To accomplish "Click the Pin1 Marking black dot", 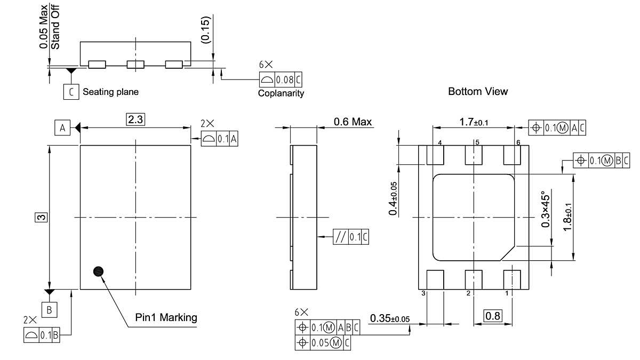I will click(98, 271).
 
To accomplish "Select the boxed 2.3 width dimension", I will click(135, 119).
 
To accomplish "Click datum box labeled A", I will click(62, 128).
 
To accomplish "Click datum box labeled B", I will click(49, 309).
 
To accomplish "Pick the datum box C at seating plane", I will click(70, 92).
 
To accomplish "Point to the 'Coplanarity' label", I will click(281, 93).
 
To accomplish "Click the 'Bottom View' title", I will click(478, 91).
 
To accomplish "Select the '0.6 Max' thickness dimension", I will click(353, 122).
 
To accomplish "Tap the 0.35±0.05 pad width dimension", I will click(390, 318).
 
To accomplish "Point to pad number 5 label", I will click(477, 142).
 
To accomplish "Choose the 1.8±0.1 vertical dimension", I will click(568, 217).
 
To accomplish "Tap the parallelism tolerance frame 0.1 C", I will click(350, 236).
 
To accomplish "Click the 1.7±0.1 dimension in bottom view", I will click(474, 123).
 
